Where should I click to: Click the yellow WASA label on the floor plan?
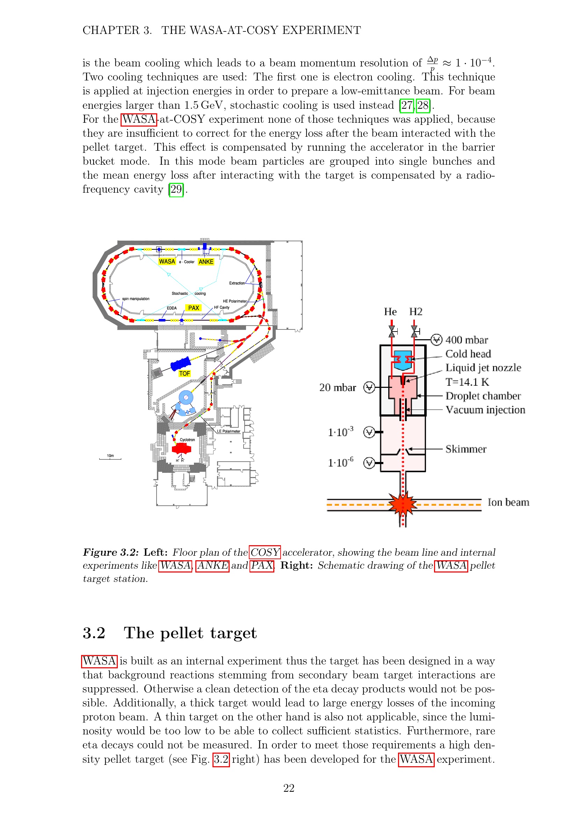167,262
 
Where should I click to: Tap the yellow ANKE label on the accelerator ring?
206,262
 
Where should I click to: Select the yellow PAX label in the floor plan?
194,308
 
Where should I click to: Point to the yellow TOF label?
185,374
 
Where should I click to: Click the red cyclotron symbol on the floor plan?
181,449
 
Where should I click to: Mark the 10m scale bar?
110,458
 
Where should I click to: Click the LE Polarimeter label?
229,431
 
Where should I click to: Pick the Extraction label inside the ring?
237,283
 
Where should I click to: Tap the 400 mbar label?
467,340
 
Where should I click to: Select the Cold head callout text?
468,354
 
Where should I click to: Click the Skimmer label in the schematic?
466,449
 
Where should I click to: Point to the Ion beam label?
508,502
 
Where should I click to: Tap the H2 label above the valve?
416,312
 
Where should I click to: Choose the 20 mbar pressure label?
338,387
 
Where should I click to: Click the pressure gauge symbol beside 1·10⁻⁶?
369,463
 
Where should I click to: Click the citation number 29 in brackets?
176,189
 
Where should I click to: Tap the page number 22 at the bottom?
289,788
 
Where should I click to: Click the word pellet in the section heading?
181,633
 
